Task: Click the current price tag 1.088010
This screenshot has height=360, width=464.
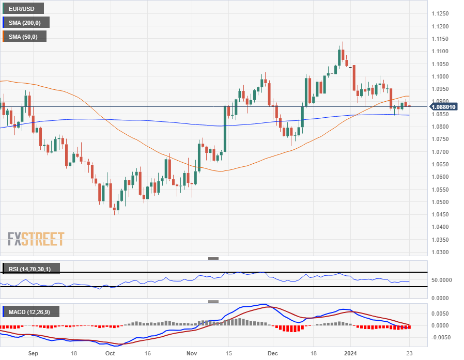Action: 444,107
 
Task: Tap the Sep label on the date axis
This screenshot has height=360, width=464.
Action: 34,353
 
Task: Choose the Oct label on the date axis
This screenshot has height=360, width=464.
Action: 110,353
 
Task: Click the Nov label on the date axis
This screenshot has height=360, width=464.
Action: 192,353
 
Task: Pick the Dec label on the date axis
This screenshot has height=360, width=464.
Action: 273,353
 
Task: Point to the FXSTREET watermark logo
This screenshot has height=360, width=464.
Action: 36,239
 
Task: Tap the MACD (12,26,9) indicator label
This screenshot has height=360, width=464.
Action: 31,311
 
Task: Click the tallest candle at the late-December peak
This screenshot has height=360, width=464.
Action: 342,54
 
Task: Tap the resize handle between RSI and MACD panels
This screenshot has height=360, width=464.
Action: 213,301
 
